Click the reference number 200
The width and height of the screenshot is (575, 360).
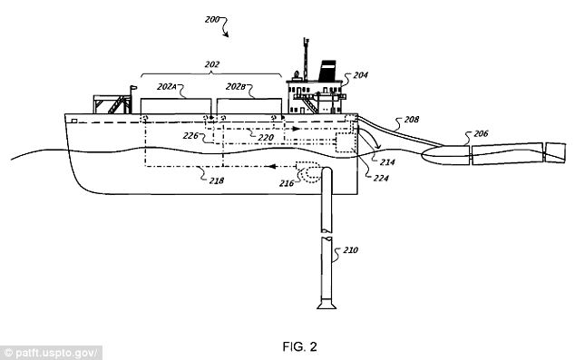click(212, 19)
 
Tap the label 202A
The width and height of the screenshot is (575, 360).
click(167, 87)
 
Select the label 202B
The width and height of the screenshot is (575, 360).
click(236, 87)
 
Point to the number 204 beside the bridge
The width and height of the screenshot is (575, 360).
click(360, 75)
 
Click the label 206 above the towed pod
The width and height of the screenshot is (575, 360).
click(481, 133)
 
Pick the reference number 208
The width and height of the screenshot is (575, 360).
click(412, 120)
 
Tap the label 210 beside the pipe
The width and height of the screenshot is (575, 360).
click(350, 250)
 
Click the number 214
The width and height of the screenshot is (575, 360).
click(387, 162)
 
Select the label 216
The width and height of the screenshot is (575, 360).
click(287, 183)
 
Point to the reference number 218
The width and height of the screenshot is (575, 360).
click(217, 180)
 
